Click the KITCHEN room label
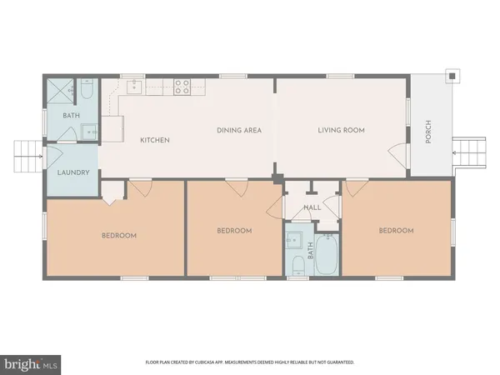coord(155,140)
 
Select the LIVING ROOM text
coord(341,130)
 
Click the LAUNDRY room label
coord(72,173)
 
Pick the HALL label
coord(312,207)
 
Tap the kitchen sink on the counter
coord(133,85)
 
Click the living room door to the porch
coord(398,155)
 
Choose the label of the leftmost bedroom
coord(119,235)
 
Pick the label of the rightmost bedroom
coord(396,230)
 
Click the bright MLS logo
coord(32,363)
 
